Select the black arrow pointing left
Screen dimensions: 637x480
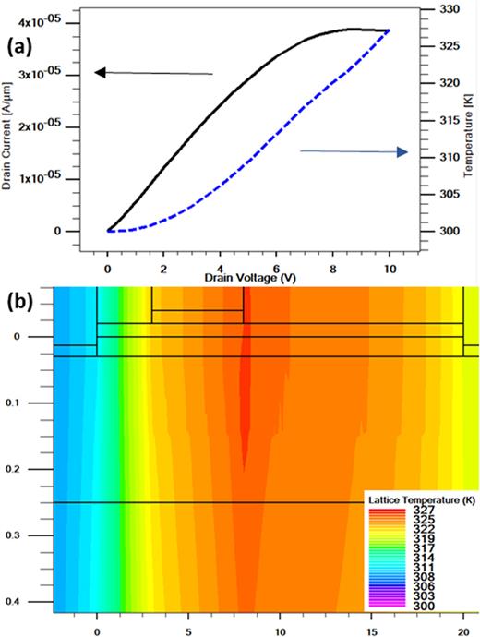(153, 72)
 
